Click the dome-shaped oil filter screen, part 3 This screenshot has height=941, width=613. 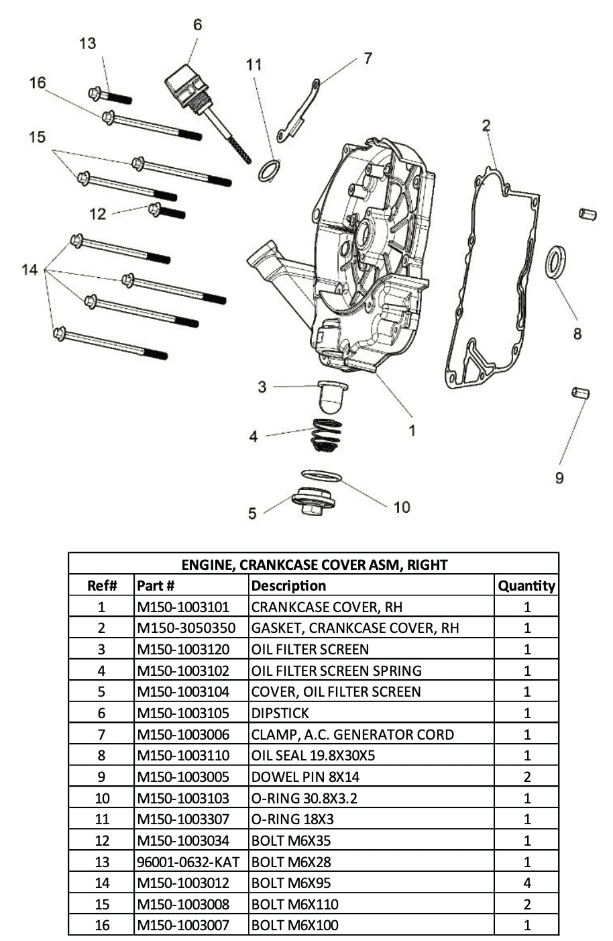(331, 396)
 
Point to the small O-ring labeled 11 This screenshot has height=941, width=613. (270, 170)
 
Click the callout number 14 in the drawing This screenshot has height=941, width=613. (30, 270)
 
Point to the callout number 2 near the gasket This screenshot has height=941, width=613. (486, 126)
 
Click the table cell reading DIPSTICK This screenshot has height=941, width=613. (280, 713)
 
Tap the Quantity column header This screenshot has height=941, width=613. (526, 586)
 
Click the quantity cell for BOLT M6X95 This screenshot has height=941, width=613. (526, 883)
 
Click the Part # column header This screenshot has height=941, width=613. (156, 586)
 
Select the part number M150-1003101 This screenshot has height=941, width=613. (183, 607)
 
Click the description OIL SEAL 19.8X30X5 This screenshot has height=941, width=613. (313, 755)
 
